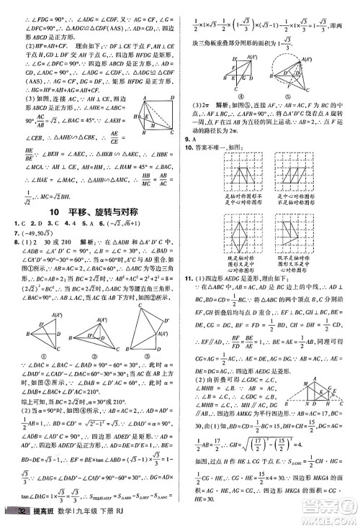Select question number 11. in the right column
pos(192,278)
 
